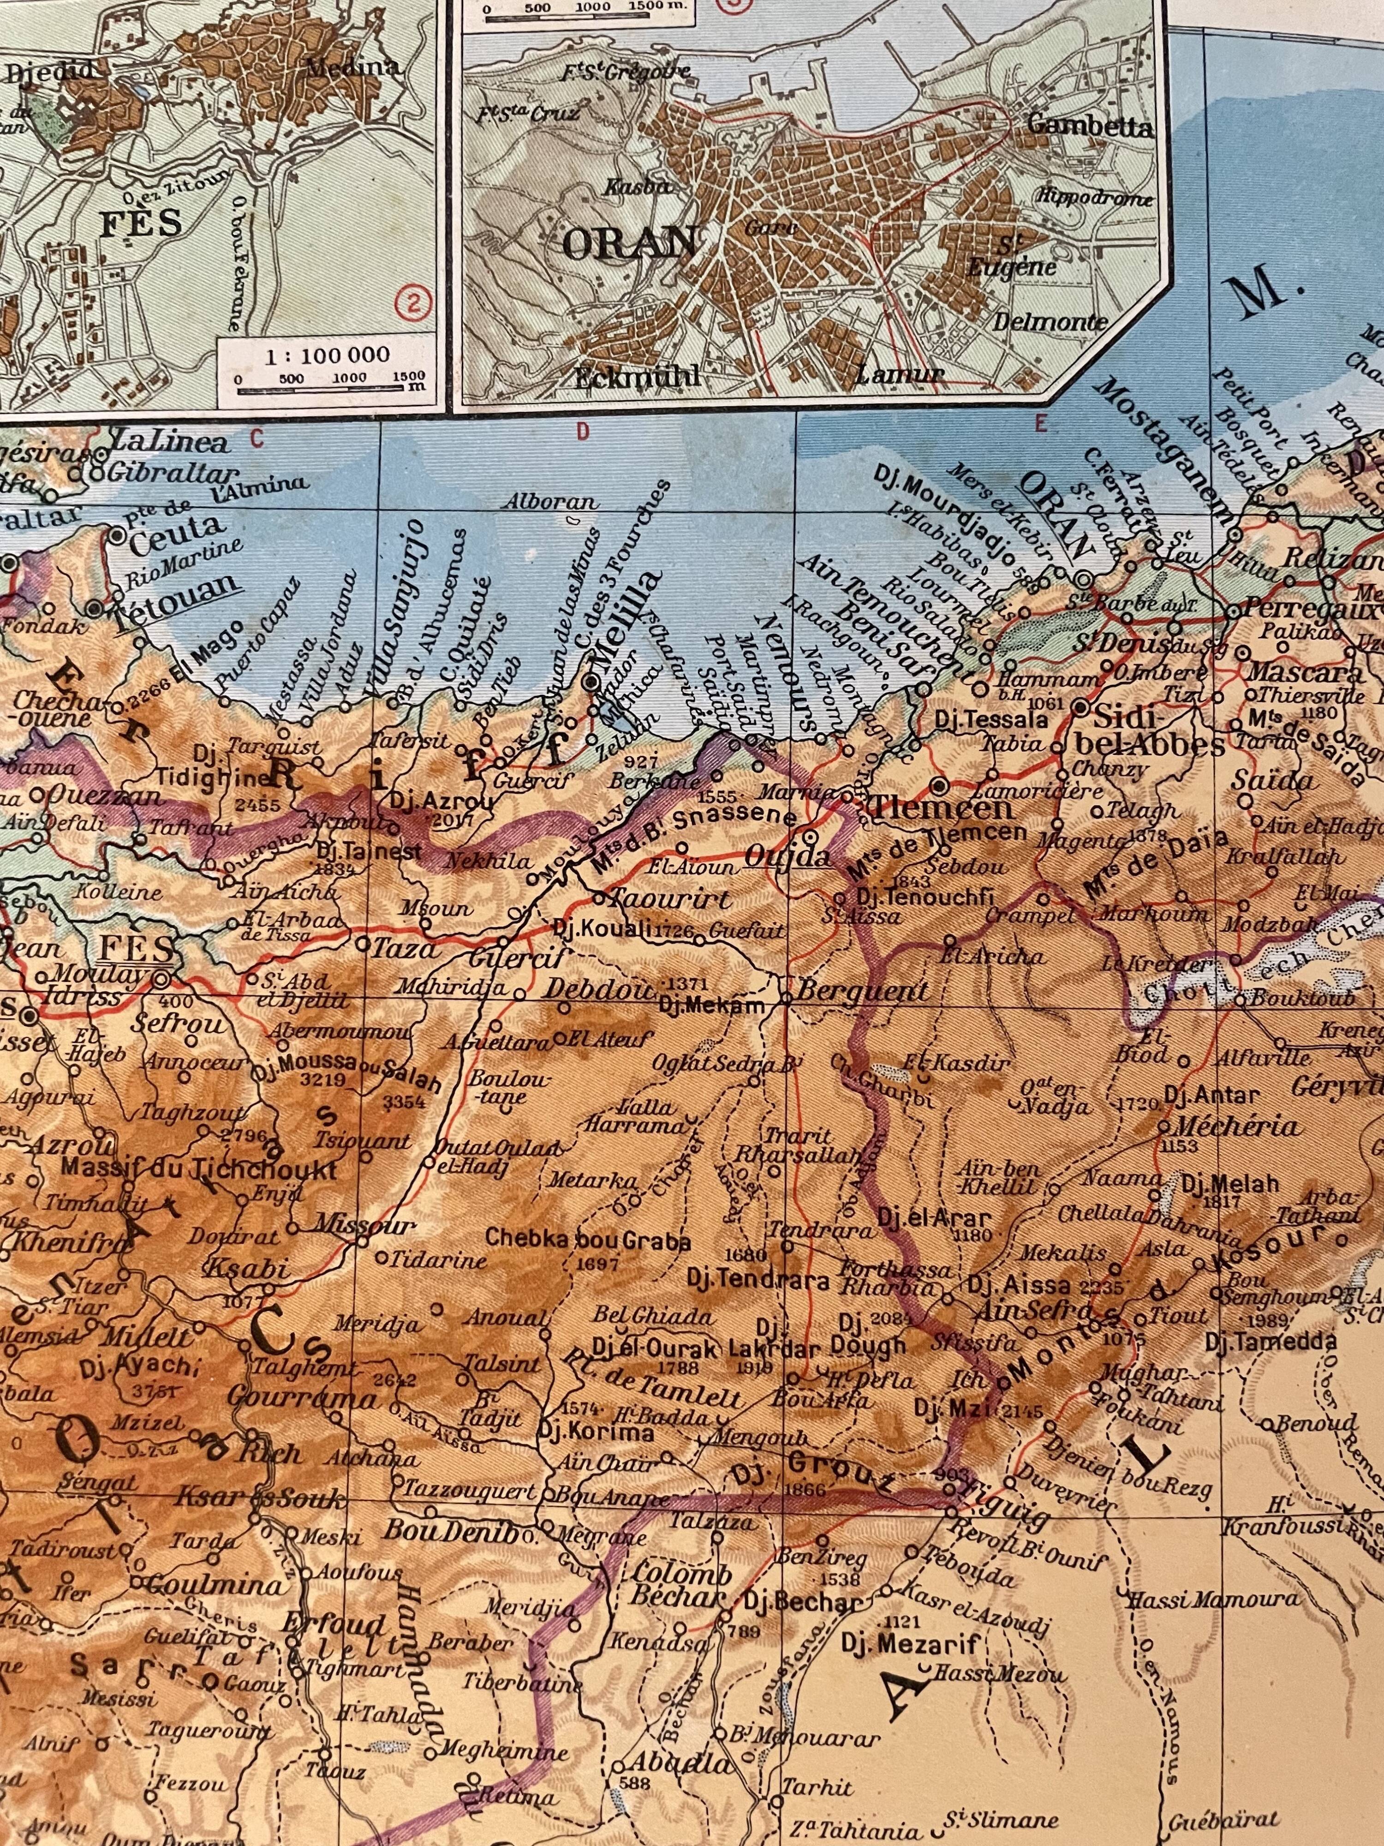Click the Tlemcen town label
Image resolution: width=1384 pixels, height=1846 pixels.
941,808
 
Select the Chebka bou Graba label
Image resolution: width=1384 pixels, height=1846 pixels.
588,1241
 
